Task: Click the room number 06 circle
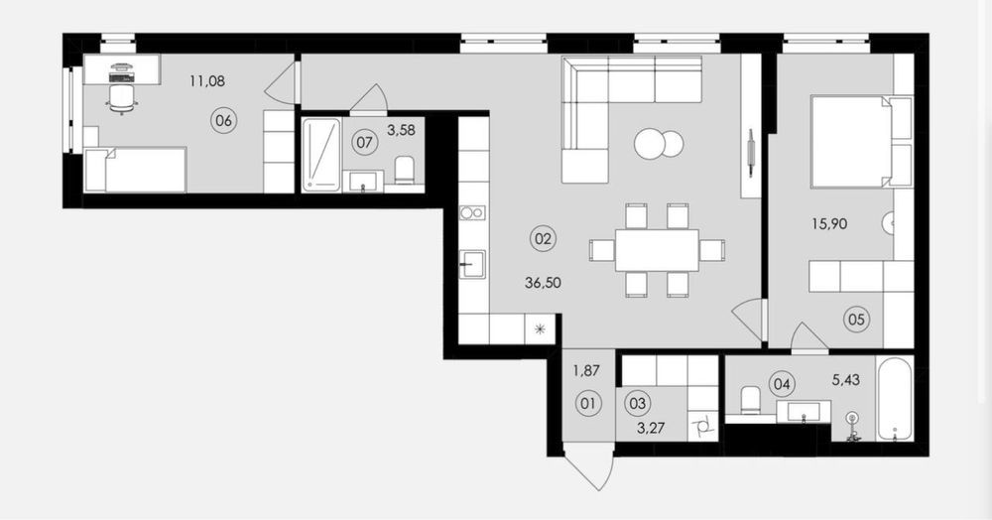[224, 120]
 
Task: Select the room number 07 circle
[364, 142]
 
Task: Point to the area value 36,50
[544, 282]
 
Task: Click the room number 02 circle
[544, 238]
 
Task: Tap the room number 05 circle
[856, 320]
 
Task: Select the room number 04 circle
[783, 382]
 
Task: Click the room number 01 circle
[588, 403]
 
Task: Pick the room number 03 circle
[638, 403]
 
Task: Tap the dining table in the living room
[656, 250]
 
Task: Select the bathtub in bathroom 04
[895, 399]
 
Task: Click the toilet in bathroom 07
[406, 170]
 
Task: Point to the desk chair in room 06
[120, 96]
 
